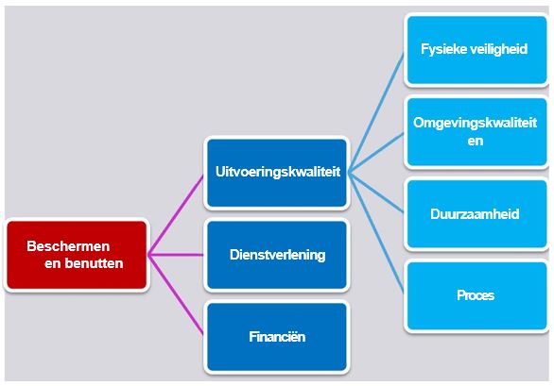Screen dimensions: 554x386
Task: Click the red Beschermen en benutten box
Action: click(x=77, y=255)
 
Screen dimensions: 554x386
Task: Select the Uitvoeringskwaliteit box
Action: click(x=277, y=173)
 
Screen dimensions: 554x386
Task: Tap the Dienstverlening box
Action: click(x=277, y=255)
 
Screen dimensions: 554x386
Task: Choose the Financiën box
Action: click(x=277, y=337)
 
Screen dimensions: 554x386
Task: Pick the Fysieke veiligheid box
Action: click(x=476, y=50)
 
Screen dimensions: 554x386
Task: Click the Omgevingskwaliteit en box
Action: click(x=476, y=131)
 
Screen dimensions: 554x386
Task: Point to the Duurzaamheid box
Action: click(x=476, y=214)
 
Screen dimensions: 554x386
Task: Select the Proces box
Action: click(x=476, y=295)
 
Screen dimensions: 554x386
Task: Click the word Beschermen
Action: click(x=68, y=246)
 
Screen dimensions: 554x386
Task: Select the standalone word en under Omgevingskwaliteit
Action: click(x=476, y=141)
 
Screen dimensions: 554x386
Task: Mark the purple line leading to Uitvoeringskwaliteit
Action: click(x=176, y=215)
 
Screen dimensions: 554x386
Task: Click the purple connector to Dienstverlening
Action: click(x=176, y=255)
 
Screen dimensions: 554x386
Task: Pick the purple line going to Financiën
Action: click(x=176, y=294)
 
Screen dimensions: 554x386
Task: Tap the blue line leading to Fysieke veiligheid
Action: click(x=376, y=112)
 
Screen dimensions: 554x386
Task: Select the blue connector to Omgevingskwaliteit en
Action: click(x=376, y=153)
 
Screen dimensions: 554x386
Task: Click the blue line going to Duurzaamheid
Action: click(x=376, y=193)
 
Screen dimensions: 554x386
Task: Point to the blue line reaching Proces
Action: click(x=376, y=232)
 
